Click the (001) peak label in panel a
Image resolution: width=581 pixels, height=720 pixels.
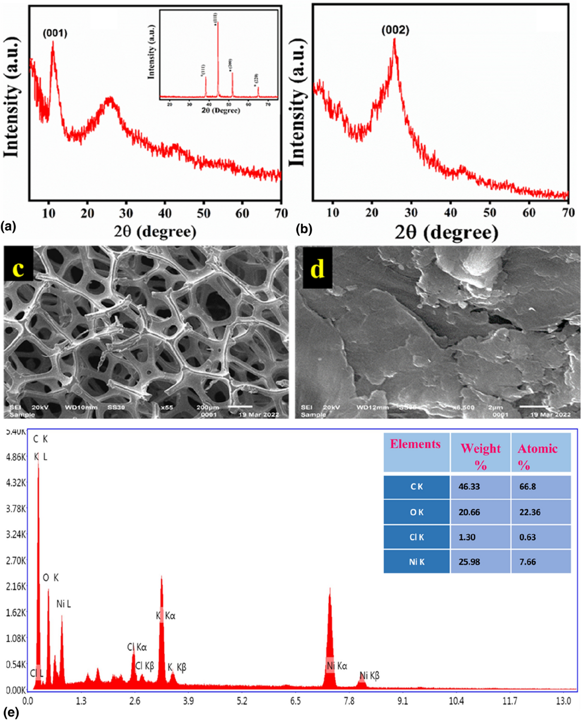(x=55, y=33)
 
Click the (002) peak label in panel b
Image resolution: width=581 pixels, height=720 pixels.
(x=395, y=30)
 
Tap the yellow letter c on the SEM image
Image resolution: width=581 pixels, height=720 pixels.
(x=18, y=267)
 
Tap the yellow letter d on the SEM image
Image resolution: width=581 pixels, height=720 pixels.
(x=317, y=268)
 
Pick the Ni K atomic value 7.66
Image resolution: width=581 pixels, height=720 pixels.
(x=527, y=562)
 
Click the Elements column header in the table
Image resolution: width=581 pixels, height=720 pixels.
(x=415, y=444)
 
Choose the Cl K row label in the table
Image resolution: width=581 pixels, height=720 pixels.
(x=416, y=537)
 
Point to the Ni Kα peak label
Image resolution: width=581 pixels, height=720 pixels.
(x=337, y=667)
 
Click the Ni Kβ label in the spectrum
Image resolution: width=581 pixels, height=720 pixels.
(x=369, y=675)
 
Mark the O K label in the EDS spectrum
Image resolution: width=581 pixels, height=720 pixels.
(x=51, y=578)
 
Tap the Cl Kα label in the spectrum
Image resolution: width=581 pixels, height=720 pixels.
(x=137, y=647)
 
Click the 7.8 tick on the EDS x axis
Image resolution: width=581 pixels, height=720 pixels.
(x=349, y=701)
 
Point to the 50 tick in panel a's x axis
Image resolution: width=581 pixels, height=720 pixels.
(x=203, y=214)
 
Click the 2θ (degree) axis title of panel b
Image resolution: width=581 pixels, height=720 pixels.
(x=446, y=233)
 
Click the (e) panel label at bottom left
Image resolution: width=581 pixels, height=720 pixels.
(x=11, y=713)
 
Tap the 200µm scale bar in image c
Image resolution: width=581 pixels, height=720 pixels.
(x=239, y=406)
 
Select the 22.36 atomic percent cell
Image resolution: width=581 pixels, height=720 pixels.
(x=530, y=512)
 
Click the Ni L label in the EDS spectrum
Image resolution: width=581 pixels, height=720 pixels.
(x=63, y=604)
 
